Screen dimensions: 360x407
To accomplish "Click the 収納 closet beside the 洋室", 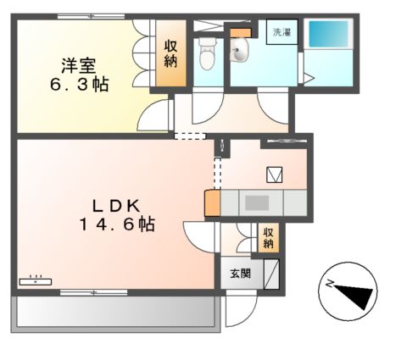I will tap(170, 53).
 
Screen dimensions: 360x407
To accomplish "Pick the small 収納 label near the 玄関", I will tap(268, 238).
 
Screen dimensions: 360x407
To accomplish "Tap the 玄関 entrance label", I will tap(240, 274).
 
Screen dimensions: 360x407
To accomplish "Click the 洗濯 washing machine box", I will tap(283, 34).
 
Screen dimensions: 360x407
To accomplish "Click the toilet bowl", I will tap(206, 56).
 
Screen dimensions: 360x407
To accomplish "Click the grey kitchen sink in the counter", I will tap(257, 202).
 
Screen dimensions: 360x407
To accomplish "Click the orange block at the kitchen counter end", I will tap(212, 203).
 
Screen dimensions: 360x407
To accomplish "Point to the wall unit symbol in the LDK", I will tap(36, 280).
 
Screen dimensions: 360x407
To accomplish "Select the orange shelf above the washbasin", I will tap(241, 33).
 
